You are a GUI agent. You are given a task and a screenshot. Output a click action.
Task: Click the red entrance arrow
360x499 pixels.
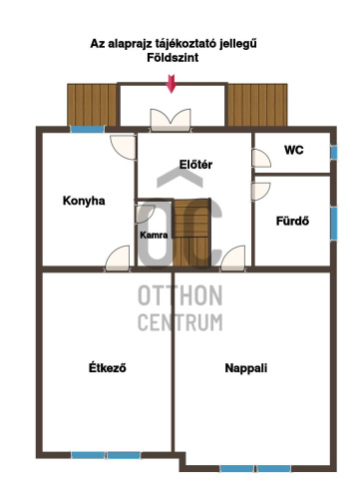pos(172,84)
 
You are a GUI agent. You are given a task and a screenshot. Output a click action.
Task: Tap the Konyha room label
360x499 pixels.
pos(84,201)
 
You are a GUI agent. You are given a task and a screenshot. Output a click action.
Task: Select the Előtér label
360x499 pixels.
pos(195,165)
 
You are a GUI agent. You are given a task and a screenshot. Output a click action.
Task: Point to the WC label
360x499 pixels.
pos(294,150)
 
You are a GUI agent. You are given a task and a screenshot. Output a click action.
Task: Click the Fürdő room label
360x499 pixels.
pos(292,221)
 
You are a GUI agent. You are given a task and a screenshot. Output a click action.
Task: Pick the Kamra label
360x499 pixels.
pos(154,236)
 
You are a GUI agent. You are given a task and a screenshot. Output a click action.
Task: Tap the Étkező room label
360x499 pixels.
pos(108,367)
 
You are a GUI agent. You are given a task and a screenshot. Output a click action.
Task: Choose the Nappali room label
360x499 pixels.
pos(246,368)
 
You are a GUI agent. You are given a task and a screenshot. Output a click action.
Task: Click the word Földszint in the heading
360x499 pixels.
pos(173,58)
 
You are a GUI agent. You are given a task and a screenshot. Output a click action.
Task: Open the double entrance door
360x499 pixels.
pos(171,120)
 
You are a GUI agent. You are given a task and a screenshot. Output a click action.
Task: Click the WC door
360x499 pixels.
pos(261,158)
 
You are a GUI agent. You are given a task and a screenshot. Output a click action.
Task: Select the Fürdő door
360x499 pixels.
pos(261,192)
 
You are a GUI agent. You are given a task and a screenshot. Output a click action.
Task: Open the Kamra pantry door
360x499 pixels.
pos(146,214)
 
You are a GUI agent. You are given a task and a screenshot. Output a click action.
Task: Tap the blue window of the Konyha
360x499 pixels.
pos(88,129)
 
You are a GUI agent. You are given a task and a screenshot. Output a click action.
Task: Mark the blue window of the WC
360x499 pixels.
pos(334,153)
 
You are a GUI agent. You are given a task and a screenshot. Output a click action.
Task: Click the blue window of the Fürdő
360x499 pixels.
pos(334,224)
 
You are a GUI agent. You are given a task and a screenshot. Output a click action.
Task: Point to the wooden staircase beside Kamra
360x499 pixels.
pos(192,233)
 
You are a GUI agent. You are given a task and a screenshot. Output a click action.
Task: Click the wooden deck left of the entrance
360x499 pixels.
pos(92,105)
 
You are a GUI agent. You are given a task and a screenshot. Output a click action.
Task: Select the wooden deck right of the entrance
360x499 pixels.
pos(257,105)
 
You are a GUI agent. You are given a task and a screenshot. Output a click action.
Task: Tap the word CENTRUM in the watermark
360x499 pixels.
pos(180,322)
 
